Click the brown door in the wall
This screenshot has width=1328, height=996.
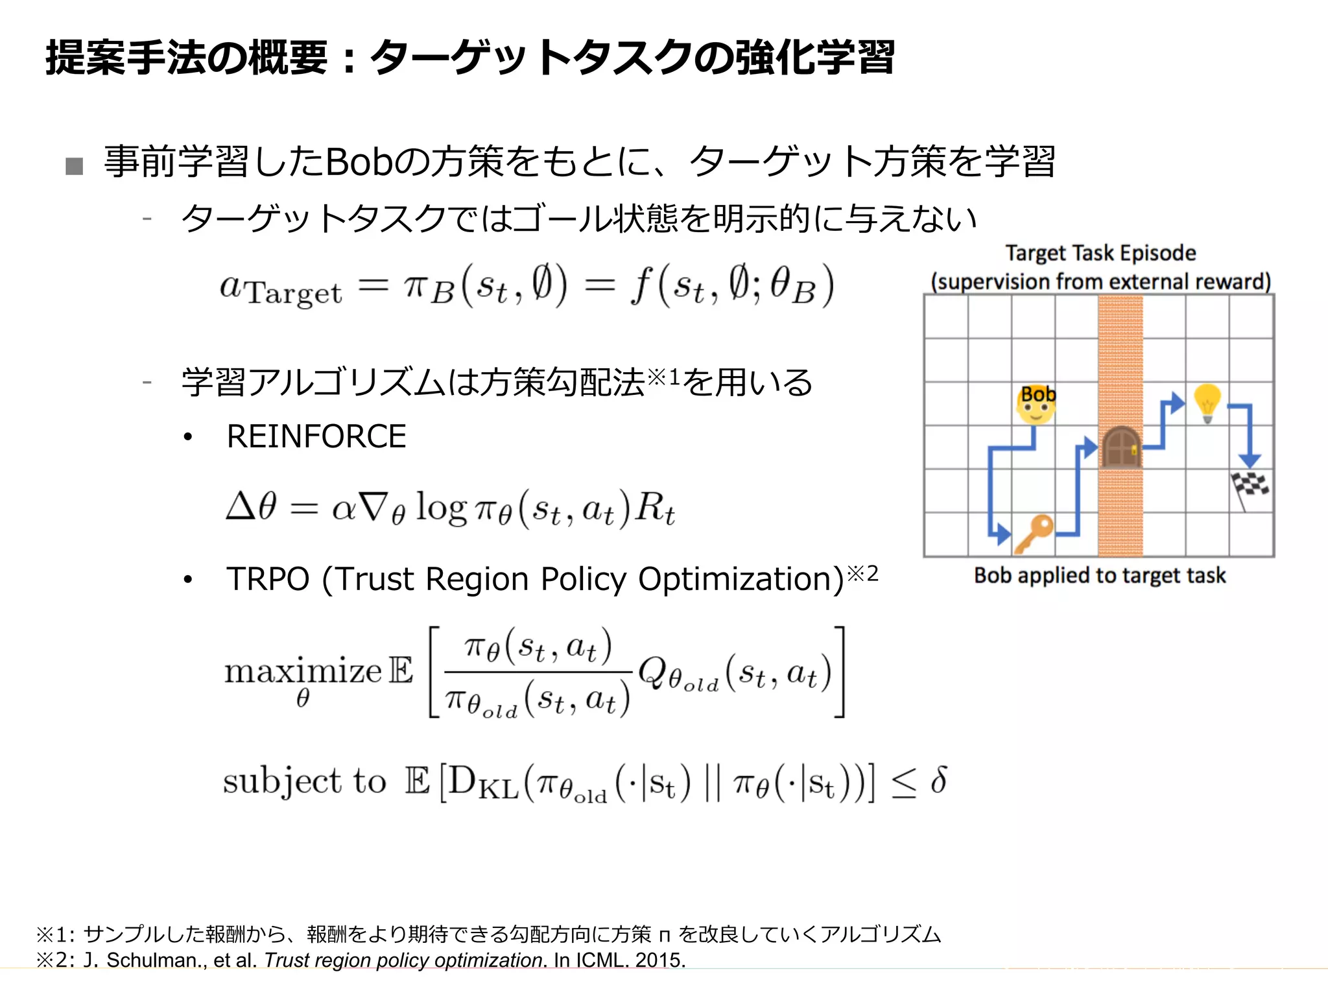(x=1120, y=446)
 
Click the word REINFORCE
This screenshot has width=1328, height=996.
(x=316, y=436)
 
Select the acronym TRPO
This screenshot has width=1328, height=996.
(x=268, y=579)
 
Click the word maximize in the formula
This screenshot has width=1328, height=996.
(x=303, y=671)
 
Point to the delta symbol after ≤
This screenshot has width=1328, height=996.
(x=938, y=779)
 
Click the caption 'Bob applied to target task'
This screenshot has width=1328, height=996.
(x=1100, y=575)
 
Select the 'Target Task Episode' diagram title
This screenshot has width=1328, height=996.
(x=1100, y=253)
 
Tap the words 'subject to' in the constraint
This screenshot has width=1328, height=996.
(x=304, y=781)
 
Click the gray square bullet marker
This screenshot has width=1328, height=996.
(x=75, y=166)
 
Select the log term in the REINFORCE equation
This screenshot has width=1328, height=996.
(x=440, y=507)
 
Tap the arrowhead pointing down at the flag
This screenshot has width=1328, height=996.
(x=1249, y=460)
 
